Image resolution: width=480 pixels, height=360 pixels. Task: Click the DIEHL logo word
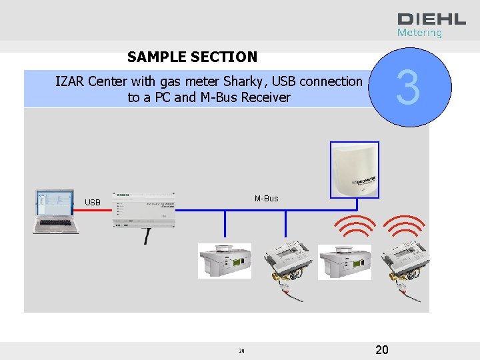(423, 19)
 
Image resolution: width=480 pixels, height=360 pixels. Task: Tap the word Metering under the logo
(419, 33)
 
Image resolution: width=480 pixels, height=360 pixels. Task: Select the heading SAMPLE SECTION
(192, 57)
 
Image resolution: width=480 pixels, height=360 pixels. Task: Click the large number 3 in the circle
(409, 89)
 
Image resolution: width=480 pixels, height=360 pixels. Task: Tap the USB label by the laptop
(93, 203)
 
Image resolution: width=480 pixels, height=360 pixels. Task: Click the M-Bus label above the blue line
(266, 199)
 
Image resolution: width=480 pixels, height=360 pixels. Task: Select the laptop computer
(57, 211)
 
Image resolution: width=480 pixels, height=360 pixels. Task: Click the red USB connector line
(96, 210)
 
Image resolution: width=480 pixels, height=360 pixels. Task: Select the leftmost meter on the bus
(225, 261)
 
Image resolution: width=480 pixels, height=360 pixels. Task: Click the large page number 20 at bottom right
(382, 350)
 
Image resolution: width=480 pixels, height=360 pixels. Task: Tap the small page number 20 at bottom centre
(241, 351)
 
